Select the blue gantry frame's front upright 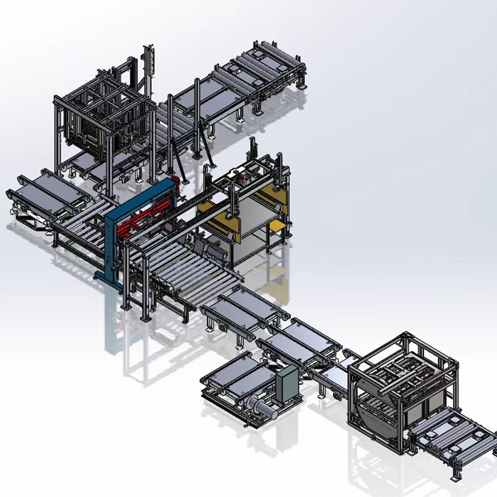click(109, 248)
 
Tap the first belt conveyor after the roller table click(241, 311)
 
